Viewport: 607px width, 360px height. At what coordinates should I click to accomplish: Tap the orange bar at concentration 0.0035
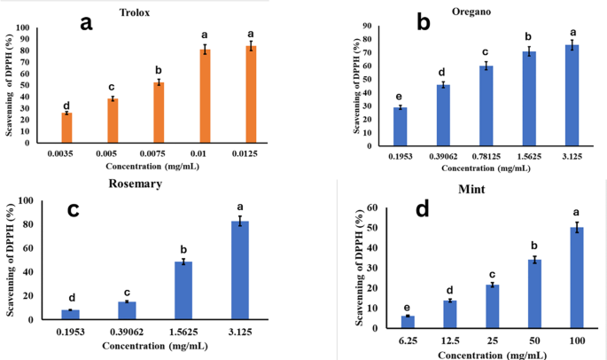tap(66, 127)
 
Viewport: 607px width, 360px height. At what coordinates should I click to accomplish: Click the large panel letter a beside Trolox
tap(86, 23)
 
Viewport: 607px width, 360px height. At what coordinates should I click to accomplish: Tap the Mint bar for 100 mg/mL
tap(576, 278)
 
